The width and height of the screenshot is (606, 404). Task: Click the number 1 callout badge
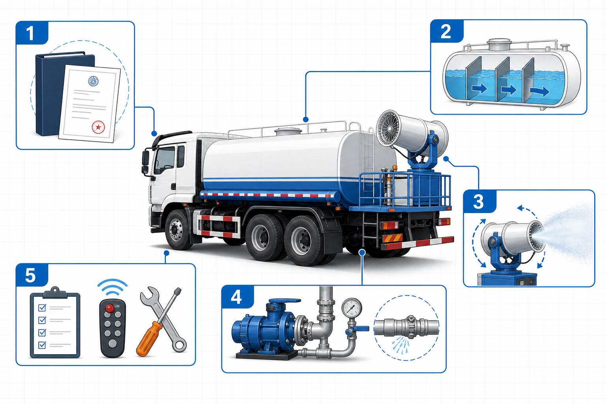32,33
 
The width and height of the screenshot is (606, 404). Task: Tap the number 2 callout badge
447,32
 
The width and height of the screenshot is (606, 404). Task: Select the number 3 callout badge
479,202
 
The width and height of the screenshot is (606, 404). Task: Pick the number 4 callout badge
238,297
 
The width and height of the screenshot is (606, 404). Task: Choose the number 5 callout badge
32,275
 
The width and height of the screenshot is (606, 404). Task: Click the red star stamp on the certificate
98,127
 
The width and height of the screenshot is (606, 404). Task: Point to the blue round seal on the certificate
94,81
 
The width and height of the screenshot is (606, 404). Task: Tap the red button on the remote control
110,307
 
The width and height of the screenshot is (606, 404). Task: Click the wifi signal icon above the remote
112,287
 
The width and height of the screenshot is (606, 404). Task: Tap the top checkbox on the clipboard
42,308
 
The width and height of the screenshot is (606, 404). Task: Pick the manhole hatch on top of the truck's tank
288,131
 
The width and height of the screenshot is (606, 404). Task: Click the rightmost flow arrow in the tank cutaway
540,92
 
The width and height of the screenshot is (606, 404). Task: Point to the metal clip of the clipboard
55,292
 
